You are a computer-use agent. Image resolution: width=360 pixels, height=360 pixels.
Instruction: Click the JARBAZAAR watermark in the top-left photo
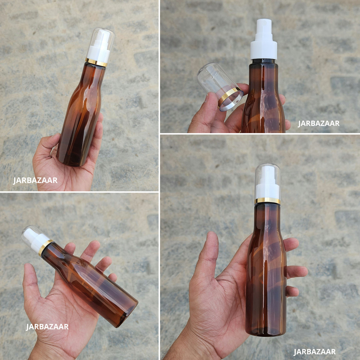click(x=35, y=181)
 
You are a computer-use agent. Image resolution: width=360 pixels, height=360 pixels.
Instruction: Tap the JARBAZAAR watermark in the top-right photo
click(x=319, y=123)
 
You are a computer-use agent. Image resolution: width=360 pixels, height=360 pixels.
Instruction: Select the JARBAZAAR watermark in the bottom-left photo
click(x=47, y=327)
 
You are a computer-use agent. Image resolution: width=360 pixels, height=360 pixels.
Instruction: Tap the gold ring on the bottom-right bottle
click(x=267, y=201)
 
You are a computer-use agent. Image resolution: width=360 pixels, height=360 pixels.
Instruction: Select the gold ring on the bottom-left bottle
click(x=46, y=248)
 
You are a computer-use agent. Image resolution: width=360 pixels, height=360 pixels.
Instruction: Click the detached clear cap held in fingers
click(x=220, y=86)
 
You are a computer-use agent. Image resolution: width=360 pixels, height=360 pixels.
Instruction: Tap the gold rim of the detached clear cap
click(x=231, y=99)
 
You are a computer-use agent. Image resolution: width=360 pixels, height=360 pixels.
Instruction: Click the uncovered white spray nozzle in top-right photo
click(x=264, y=39)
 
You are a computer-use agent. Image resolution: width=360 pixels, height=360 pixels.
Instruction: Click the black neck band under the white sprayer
click(x=263, y=61)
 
